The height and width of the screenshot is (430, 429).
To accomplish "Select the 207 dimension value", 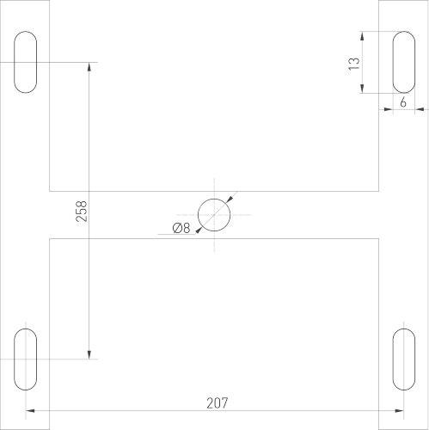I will click(x=218, y=402).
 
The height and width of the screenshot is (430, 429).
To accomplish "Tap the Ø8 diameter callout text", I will click(x=181, y=228).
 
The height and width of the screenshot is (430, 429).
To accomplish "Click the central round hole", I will click(x=214, y=214).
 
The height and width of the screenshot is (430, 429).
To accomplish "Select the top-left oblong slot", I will click(x=27, y=62).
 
